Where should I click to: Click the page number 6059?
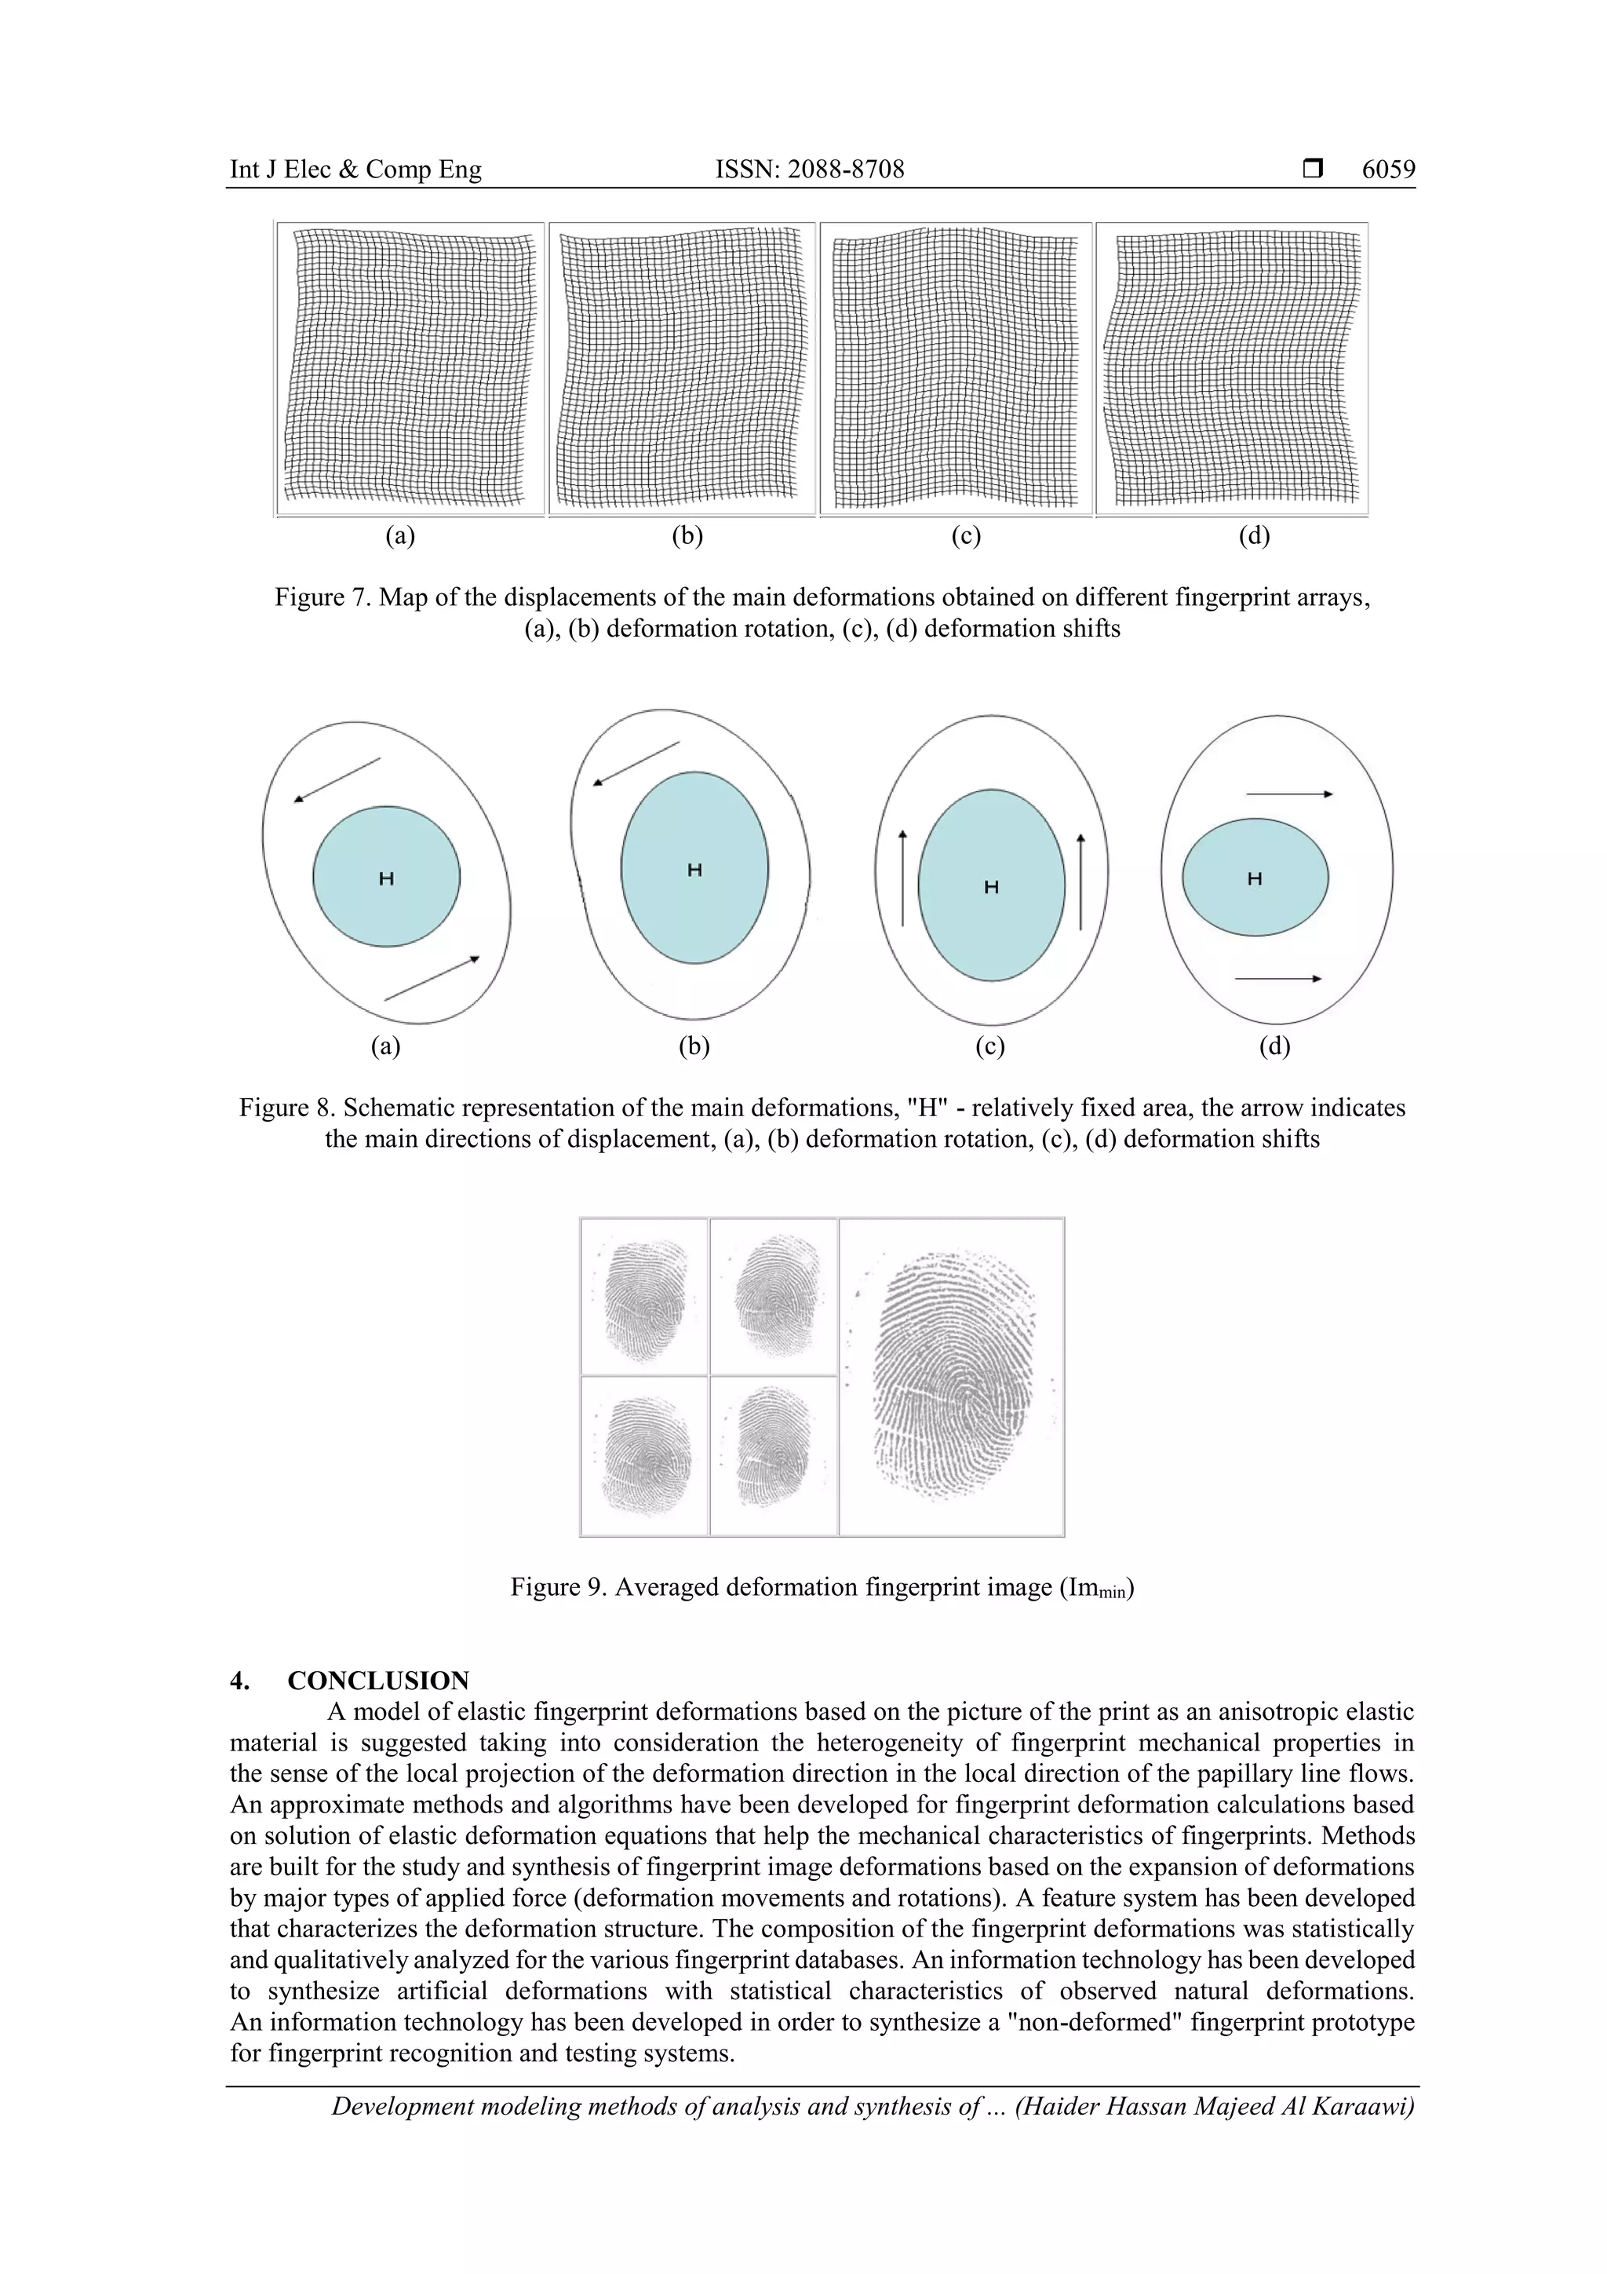1387,170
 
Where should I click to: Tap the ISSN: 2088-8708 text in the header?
809,170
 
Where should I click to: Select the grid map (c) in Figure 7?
956,368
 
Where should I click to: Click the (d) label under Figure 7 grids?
1254,536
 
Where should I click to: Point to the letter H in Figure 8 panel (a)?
386,878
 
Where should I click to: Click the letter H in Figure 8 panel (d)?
1255,878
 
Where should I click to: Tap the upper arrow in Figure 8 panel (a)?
337,779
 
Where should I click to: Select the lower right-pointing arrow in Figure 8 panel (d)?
1277,979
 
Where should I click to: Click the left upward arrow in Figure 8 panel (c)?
902,878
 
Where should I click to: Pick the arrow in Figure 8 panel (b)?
636,764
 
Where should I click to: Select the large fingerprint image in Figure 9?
952,1377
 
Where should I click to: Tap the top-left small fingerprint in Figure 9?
643,1297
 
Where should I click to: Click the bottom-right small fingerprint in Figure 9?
774,1455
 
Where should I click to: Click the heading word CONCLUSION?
378,1681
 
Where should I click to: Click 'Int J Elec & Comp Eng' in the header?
355,170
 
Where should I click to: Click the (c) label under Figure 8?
989,1047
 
